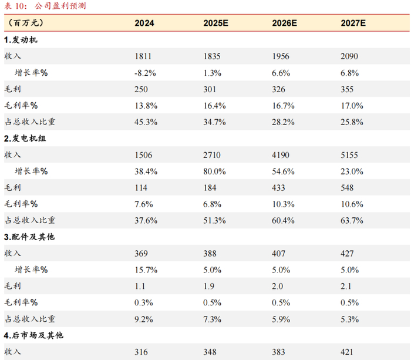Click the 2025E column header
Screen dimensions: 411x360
[x=215, y=23]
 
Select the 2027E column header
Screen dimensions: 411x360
[x=353, y=23]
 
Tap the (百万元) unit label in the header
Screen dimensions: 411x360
[x=25, y=23]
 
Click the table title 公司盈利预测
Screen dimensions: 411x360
[x=60, y=6]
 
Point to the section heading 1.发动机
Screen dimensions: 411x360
[x=21, y=40]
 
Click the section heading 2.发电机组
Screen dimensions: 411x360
[x=25, y=138]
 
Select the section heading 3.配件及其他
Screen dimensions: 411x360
[x=29, y=237]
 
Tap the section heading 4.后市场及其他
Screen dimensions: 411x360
[x=33, y=335]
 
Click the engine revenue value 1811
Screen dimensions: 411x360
[x=143, y=56]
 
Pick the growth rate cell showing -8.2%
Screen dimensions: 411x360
[x=145, y=73]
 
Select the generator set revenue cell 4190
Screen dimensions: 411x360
[x=281, y=155]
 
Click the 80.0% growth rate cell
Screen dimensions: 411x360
[x=214, y=171]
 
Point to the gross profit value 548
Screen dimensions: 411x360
[x=347, y=188]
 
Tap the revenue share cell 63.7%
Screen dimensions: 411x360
[x=352, y=220]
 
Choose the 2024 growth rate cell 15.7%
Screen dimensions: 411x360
[x=146, y=270]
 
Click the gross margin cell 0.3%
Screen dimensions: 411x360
[x=144, y=303]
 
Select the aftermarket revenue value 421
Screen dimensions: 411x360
[x=347, y=352]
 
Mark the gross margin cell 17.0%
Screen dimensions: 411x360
[x=352, y=106]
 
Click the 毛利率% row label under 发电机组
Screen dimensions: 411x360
[x=21, y=204]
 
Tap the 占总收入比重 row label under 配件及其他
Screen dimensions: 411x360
[x=30, y=319]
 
